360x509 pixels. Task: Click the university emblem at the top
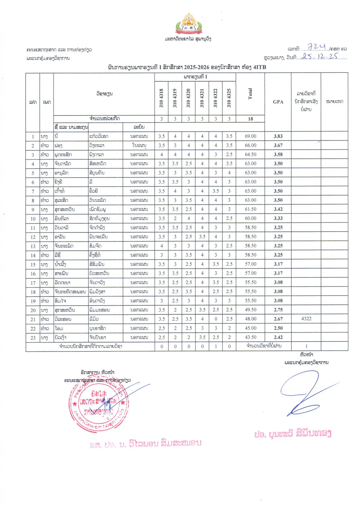(189, 24)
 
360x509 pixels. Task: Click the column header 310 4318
(161, 98)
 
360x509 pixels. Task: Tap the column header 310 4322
(215, 98)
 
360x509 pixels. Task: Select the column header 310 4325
(229, 98)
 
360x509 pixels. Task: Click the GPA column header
(278, 102)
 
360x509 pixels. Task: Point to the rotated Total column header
(250, 94)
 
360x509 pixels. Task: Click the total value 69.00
(250, 136)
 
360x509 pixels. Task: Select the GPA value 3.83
(278, 136)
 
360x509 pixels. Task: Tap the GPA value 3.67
(278, 145)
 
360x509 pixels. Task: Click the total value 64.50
(250, 154)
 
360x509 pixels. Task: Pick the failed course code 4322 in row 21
(306, 319)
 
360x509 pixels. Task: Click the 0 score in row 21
(215, 319)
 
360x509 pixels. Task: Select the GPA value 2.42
(278, 337)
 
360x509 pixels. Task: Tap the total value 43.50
(250, 337)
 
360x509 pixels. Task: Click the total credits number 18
(250, 119)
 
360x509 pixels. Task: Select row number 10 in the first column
(33, 219)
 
